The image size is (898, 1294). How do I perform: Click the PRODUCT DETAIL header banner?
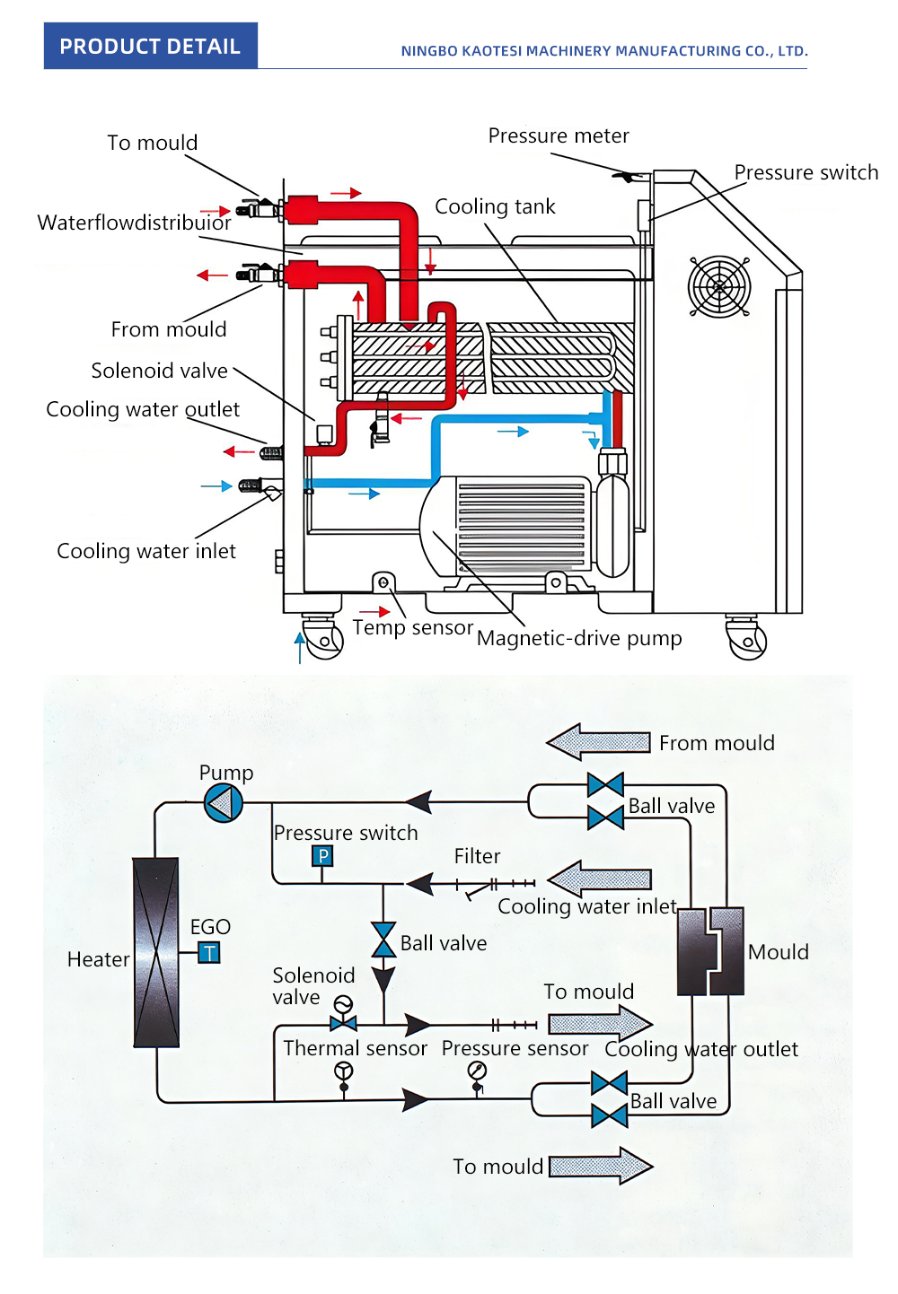click(150, 46)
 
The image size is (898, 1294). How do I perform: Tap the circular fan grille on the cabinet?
click(718, 287)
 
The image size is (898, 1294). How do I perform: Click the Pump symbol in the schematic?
click(224, 802)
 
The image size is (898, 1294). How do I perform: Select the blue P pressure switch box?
click(322, 856)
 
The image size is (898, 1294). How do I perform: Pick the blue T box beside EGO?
click(209, 952)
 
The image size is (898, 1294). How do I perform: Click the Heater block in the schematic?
click(156, 952)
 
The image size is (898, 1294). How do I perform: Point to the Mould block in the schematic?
click(710, 951)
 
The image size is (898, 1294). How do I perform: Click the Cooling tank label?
click(495, 206)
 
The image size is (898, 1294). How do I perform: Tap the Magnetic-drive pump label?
click(579, 638)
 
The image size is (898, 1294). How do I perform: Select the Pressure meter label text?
click(559, 136)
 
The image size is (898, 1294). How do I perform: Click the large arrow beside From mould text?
click(598, 742)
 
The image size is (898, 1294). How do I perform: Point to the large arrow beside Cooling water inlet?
click(599, 879)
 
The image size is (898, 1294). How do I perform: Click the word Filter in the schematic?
click(477, 856)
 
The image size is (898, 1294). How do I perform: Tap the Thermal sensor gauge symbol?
click(343, 1071)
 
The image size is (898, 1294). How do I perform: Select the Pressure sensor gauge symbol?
click(477, 1071)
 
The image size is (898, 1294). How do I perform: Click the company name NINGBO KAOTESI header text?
click(603, 51)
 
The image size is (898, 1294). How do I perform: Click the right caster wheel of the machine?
click(746, 639)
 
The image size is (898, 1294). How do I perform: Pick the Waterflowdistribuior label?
click(134, 223)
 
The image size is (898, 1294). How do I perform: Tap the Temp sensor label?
click(412, 627)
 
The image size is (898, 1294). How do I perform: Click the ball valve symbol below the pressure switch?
click(383, 940)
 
